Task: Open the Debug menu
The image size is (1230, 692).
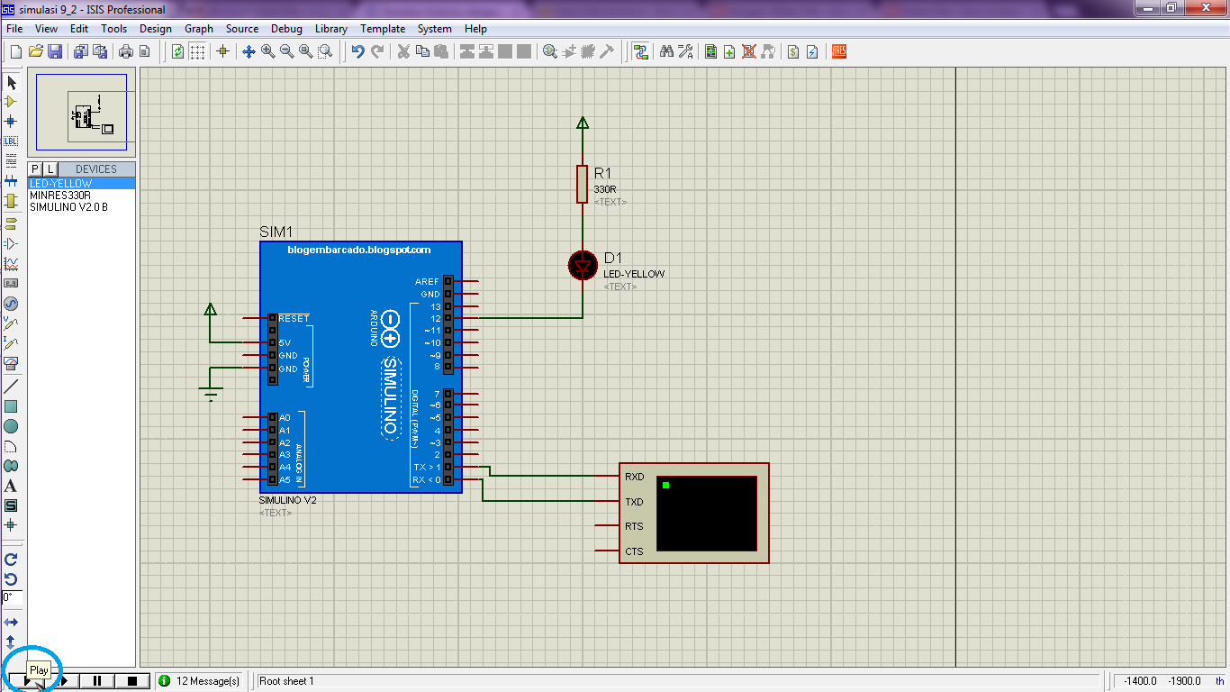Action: coord(286,29)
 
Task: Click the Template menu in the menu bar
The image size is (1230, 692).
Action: coord(382,29)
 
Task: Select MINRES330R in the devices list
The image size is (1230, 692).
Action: coord(59,196)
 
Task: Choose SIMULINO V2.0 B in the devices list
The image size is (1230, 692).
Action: coord(68,207)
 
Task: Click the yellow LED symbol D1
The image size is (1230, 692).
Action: coord(583,266)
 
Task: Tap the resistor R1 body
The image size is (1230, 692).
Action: coord(582,184)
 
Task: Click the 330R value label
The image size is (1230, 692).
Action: coord(604,189)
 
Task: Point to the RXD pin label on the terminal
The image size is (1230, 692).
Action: coord(634,477)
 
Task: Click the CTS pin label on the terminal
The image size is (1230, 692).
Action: coord(634,551)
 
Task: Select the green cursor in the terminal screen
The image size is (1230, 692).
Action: coord(665,485)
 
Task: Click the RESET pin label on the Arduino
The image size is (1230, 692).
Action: coord(294,318)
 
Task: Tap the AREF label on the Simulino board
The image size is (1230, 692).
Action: coord(427,281)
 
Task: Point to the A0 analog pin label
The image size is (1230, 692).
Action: coord(285,418)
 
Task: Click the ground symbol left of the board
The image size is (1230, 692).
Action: coord(211,393)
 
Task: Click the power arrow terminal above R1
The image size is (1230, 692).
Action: coord(583,123)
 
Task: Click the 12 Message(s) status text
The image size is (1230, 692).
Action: coord(208,681)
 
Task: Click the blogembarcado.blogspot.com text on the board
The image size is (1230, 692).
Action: coord(358,250)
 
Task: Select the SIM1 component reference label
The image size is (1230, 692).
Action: coord(276,232)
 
